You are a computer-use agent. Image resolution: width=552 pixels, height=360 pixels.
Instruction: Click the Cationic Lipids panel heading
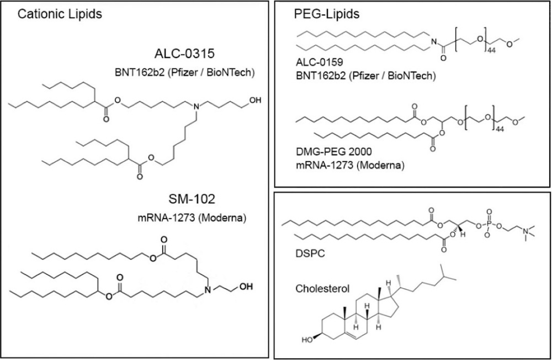coord(60,15)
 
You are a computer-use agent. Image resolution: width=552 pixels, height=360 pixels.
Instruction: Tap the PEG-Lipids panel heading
coord(321,15)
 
